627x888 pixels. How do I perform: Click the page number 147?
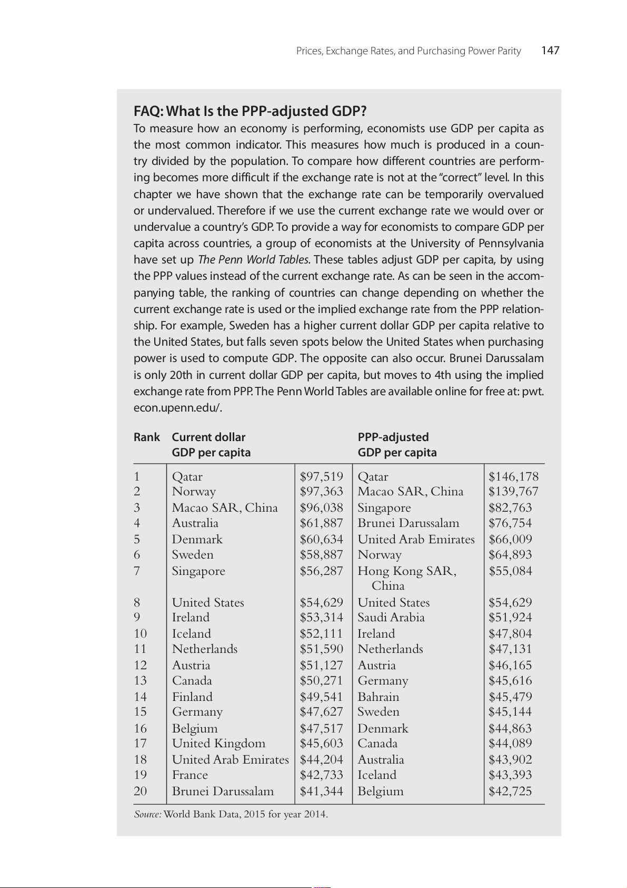coord(550,51)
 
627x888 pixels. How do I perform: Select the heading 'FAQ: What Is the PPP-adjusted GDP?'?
coord(250,111)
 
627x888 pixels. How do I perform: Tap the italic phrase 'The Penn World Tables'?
coord(253,260)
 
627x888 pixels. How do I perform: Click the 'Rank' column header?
coord(146,437)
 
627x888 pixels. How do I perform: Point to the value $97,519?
coord(321,476)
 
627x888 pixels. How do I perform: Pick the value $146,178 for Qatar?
coord(513,476)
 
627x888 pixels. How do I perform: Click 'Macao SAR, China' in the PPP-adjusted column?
coord(410,492)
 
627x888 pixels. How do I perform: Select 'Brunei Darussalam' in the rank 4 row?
coord(408,523)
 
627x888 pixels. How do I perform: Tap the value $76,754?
coord(510,523)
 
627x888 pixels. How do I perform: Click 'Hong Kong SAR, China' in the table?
coord(406,578)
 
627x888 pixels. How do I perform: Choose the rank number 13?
coord(140,681)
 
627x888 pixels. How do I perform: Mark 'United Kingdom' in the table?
coord(218,744)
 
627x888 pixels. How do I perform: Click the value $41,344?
coord(321,792)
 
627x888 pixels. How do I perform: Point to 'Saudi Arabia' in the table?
coord(391,618)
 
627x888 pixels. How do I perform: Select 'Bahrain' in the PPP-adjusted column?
coord(378,697)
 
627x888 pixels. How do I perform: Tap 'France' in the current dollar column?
coord(190,775)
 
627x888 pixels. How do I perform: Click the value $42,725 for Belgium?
coord(510,792)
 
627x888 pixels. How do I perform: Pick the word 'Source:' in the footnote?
coord(147,814)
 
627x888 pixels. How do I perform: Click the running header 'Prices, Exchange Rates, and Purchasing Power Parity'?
coord(409,51)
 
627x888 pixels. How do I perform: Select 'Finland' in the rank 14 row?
coord(192,697)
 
